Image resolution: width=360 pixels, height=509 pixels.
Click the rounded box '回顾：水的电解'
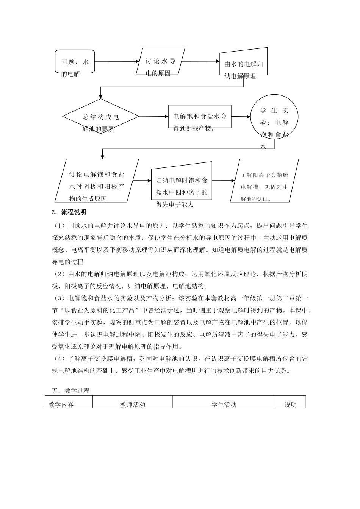coord(75,61)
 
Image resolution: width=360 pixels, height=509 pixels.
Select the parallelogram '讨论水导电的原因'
coord(160,61)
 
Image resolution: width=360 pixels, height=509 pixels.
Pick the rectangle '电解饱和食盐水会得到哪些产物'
coord(200,117)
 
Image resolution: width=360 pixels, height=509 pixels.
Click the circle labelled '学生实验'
coord(274,117)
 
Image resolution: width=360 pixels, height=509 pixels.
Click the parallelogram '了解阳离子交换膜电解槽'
coord(264,181)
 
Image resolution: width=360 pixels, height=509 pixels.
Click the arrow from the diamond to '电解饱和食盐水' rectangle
coord(154,116)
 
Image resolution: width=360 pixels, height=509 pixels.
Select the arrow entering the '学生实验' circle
coord(241,117)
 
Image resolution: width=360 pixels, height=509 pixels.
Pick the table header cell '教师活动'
coord(133,404)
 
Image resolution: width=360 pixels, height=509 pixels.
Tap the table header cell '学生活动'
coord(224,404)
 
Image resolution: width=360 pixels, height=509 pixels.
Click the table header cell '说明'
coord(290,404)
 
